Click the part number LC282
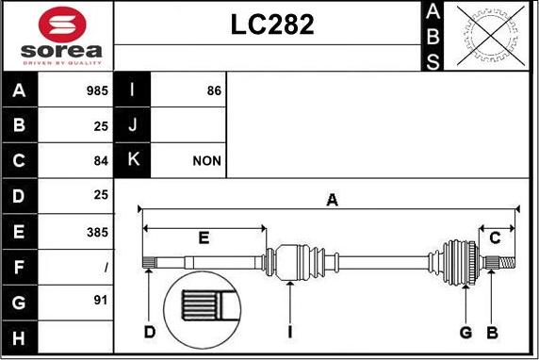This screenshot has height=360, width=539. [x=272, y=25]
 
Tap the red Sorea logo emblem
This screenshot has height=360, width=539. [x=62, y=25]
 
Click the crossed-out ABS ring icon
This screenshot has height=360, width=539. [x=491, y=36]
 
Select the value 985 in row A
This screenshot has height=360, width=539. [x=97, y=90]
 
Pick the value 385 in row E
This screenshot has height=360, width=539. [x=97, y=233]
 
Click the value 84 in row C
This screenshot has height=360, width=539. [x=101, y=161]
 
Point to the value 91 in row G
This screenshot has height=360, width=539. [x=101, y=301]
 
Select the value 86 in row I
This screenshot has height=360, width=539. [x=214, y=90]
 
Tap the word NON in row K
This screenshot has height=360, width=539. [x=206, y=161]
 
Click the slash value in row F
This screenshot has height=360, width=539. [x=106, y=268]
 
